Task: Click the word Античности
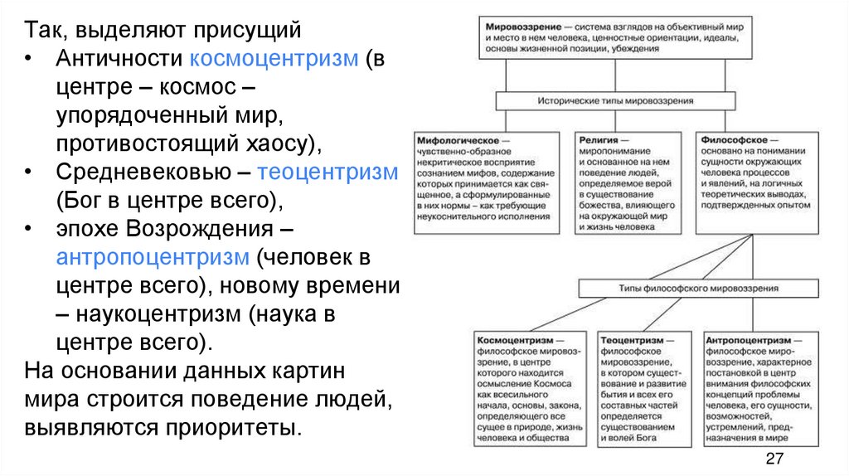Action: (120, 60)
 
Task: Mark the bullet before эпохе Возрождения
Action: (31, 229)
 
